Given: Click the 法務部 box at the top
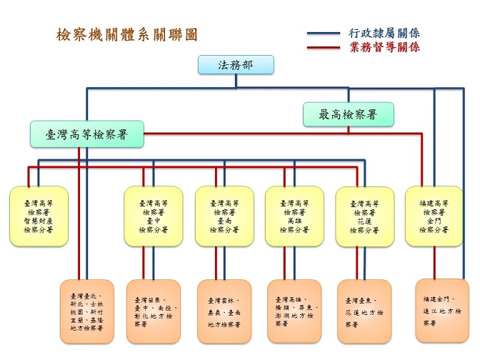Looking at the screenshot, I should click(235, 65).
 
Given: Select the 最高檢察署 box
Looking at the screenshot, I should click(348, 114).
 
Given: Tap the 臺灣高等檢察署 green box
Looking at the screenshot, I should click(86, 134).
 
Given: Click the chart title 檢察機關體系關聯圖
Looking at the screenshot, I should click(126, 35).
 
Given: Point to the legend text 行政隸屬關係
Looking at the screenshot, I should click(384, 33).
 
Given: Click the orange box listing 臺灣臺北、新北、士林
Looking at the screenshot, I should click(86, 309).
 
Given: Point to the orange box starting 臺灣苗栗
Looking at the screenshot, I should click(156, 309).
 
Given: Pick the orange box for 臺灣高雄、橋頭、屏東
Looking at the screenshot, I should click(294, 310).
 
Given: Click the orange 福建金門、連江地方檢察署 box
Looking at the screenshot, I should click(442, 309).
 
